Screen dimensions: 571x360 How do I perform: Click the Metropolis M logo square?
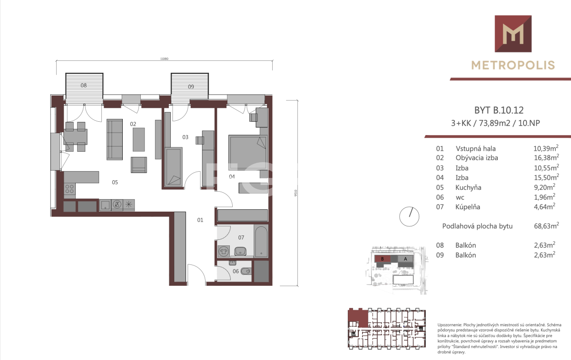513,34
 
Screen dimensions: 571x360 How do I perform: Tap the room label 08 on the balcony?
84,86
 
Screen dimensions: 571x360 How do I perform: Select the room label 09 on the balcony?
191,87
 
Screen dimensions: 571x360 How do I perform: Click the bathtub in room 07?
261,241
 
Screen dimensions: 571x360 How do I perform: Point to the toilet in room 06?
246,271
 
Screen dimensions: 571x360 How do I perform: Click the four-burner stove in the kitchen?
69,189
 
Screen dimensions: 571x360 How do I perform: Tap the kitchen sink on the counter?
105,205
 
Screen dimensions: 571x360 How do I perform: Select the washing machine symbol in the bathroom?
224,251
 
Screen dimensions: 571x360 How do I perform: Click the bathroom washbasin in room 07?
240,251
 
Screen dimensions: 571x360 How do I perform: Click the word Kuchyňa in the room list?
468,187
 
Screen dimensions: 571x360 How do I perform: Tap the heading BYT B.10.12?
499,110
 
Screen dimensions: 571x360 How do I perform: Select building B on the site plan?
383,259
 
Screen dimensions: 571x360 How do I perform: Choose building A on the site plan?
405,259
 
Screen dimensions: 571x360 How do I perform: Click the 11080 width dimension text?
165,59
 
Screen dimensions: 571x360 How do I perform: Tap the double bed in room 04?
248,152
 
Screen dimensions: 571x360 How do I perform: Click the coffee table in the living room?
138,140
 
